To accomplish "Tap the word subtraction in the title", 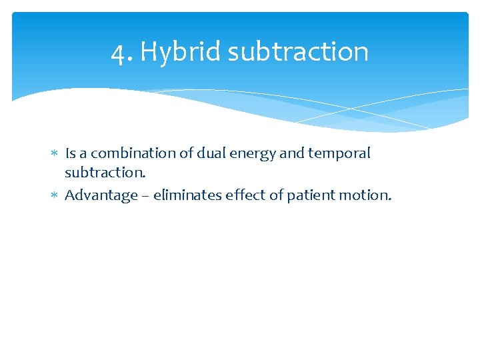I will pyautogui.click(x=298, y=52).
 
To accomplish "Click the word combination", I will pyautogui.click(x=126, y=153).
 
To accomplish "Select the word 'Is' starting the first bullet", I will pyautogui.click(x=70, y=153).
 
